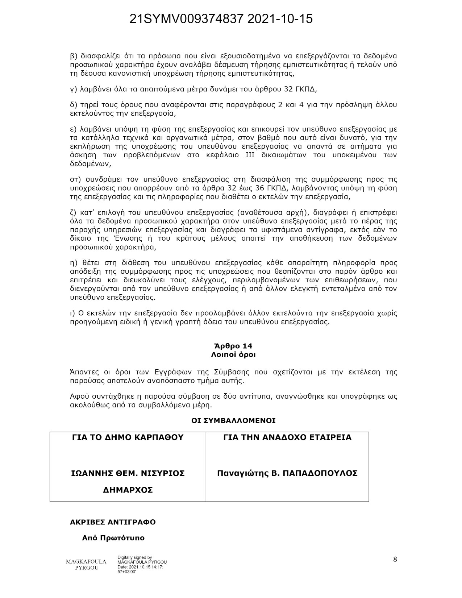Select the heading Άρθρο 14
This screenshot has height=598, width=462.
[233, 346]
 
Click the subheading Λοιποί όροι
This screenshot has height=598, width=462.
[233, 355]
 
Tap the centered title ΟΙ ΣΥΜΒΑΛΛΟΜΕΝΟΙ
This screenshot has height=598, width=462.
[233, 421]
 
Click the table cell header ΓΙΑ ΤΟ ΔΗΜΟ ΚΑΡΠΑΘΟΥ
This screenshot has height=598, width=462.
[128, 437]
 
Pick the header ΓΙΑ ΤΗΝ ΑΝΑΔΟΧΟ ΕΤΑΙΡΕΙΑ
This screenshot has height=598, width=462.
[287, 437]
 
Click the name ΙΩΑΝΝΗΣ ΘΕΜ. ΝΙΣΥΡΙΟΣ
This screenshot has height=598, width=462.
[128, 473]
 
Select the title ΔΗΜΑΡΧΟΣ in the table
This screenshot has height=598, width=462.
[128, 490]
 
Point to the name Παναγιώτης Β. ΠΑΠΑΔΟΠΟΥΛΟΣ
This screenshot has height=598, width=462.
[287, 473]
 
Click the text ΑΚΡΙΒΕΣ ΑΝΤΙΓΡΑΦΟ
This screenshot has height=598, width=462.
[113, 522]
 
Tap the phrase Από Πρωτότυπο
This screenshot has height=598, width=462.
[113, 538]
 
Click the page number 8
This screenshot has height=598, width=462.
[395, 559]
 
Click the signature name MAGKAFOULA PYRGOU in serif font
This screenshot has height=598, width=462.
[86, 565]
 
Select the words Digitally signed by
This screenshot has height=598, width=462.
[135, 557]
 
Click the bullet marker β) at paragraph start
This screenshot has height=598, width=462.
[74, 56]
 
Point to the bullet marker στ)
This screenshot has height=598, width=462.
[75, 179]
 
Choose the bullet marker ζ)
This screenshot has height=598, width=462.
[74, 212]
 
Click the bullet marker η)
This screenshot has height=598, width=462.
[74, 263]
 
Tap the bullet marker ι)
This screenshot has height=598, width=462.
[72, 313]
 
